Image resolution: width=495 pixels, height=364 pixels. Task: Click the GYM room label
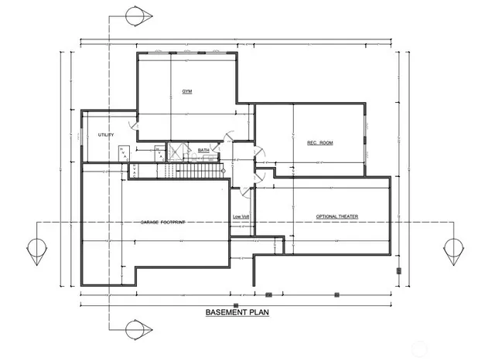[187, 92]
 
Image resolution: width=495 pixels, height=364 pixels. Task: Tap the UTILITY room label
[106, 135]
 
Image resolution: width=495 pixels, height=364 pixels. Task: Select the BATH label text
[203, 150]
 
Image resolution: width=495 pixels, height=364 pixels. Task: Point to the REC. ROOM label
[308, 142]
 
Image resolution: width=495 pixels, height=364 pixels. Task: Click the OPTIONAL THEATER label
[336, 216]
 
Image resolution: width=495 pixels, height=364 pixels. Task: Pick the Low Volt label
[241, 216]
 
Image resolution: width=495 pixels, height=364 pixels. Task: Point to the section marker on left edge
[35, 250]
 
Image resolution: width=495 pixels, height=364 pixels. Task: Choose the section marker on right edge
[452, 250]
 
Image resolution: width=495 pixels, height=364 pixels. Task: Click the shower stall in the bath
[176, 151]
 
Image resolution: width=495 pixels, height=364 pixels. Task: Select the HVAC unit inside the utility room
[125, 154]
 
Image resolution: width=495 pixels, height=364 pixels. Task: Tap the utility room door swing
[133, 122]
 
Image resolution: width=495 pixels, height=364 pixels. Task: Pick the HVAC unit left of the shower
[159, 152]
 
